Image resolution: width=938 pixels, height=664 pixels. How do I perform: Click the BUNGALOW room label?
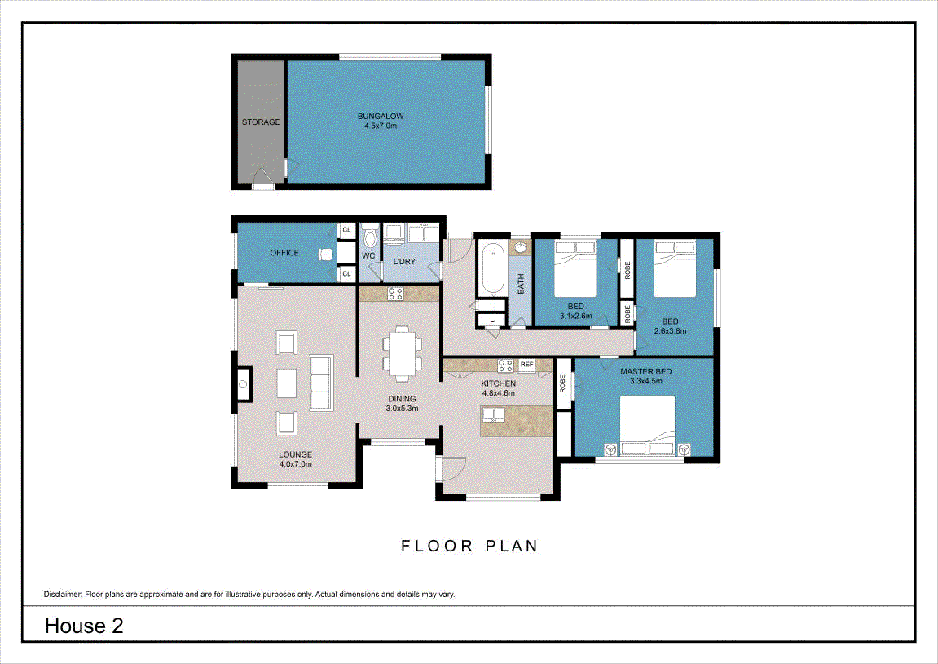[x=381, y=116]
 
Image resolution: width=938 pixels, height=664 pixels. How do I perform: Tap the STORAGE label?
[x=261, y=122]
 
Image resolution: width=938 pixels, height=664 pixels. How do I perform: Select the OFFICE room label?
[x=284, y=253]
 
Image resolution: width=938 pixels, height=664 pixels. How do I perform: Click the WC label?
[x=368, y=255]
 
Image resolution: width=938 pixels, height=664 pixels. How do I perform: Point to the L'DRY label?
[x=404, y=262]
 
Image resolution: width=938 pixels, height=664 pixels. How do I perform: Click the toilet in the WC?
[x=370, y=237]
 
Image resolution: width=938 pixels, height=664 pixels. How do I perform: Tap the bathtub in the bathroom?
[x=493, y=268]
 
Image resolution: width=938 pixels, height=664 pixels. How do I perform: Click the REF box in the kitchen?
[x=527, y=364]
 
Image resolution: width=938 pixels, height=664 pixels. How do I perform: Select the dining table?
[x=402, y=354]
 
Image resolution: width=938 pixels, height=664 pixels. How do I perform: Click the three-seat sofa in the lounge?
[x=321, y=383]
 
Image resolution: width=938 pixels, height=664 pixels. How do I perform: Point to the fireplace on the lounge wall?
[x=244, y=384]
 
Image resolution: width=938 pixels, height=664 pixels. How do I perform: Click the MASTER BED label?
[x=646, y=371]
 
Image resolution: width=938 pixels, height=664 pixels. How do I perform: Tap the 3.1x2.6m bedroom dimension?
[x=576, y=316]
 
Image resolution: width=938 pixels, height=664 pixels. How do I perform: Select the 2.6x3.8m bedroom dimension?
[x=671, y=331]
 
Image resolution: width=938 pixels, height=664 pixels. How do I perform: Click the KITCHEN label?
[x=498, y=383]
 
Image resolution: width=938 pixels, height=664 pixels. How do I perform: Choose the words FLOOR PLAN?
[x=469, y=546]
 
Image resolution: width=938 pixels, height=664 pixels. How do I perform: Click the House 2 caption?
[x=84, y=626]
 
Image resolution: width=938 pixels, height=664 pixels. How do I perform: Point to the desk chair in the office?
[x=325, y=254]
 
